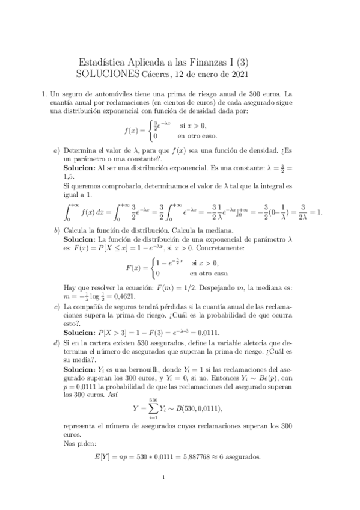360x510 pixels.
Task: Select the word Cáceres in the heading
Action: pos(157,74)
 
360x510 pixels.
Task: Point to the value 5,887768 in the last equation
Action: pos(195,457)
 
